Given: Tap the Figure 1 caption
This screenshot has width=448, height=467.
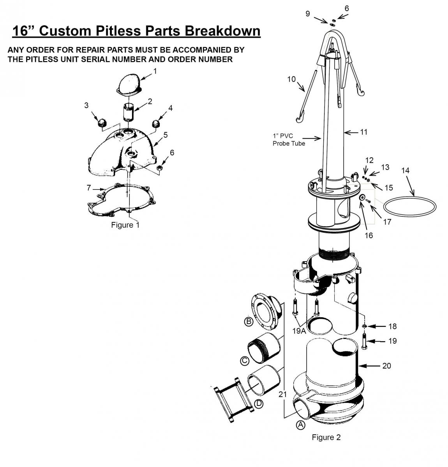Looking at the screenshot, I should (125, 225).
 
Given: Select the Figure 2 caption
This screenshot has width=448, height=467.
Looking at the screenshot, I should (326, 437).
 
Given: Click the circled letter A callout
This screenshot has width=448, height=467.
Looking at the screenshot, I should (301, 425).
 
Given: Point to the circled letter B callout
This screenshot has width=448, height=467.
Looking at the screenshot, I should (248, 321).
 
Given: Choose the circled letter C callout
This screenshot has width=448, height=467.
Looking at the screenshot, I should (245, 361).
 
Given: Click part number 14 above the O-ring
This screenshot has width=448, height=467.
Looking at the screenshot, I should (406, 170).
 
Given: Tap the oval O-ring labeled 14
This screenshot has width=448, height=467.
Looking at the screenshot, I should (410, 205).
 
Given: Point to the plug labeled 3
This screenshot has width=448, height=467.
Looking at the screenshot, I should (101, 123).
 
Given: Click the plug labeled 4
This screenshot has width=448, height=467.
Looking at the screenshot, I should (156, 124).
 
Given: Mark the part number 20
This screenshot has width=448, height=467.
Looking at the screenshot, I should (386, 366).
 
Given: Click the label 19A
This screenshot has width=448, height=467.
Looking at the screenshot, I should (299, 331).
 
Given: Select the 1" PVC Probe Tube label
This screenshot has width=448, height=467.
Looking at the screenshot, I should (289, 140).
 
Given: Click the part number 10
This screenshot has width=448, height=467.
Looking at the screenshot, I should (291, 79).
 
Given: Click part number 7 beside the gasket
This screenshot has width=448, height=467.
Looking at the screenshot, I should (88, 188).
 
